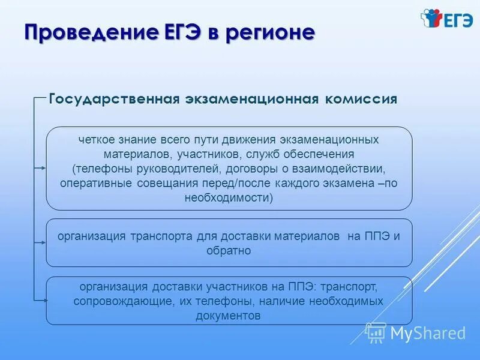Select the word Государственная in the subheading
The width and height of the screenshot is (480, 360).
point(112,99)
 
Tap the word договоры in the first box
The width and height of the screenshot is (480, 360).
point(258,169)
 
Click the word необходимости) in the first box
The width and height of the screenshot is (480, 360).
point(229,197)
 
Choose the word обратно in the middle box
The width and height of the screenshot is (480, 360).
point(229,251)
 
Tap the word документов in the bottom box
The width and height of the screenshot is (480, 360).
point(229,316)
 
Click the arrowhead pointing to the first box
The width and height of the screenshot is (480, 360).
point(43,169)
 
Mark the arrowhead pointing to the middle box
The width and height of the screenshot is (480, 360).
point(43,242)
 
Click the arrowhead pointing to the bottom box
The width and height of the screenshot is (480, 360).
point(43,301)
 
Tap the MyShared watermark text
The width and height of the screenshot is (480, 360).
point(428,332)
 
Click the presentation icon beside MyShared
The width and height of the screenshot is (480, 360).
point(376,332)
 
